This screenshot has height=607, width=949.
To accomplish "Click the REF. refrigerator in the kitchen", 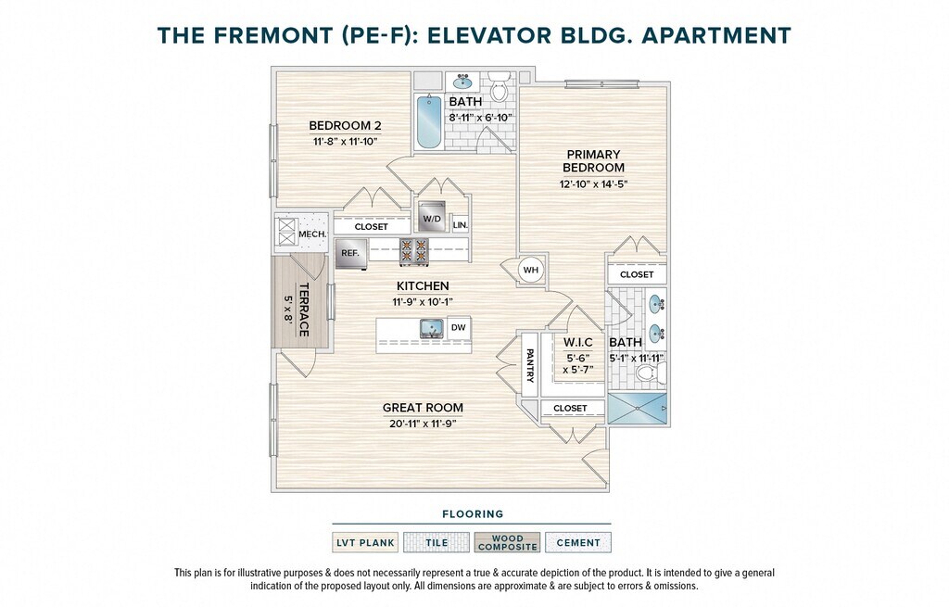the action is click(351, 254).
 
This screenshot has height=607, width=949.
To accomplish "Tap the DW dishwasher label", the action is click(459, 327).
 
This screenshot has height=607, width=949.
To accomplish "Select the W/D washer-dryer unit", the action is click(432, 217).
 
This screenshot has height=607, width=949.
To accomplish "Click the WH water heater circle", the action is click(531, 270).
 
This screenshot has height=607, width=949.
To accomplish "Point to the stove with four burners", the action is click(414, 252).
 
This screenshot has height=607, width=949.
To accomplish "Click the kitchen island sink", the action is click(433, 329).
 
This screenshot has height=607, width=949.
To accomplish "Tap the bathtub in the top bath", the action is click(429, 121).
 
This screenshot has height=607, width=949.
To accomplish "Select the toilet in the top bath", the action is click(500, 87).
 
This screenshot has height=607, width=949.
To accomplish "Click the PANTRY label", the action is click(530, 365).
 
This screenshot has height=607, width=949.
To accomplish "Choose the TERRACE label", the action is click(304, 310).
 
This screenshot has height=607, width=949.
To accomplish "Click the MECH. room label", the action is click(312, 234).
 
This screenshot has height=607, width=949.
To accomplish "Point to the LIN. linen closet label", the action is click(460, 224).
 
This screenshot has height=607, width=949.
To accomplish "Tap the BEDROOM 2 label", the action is click(345, 126).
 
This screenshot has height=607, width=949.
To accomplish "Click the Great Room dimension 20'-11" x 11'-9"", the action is click(423, 424).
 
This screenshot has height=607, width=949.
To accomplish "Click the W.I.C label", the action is click(578, 343).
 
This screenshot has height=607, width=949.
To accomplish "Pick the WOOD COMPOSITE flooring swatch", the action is click(507, 542).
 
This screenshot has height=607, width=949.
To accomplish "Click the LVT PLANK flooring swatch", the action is click(365, 542).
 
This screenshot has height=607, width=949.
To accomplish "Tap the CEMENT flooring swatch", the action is click(578, 542).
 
